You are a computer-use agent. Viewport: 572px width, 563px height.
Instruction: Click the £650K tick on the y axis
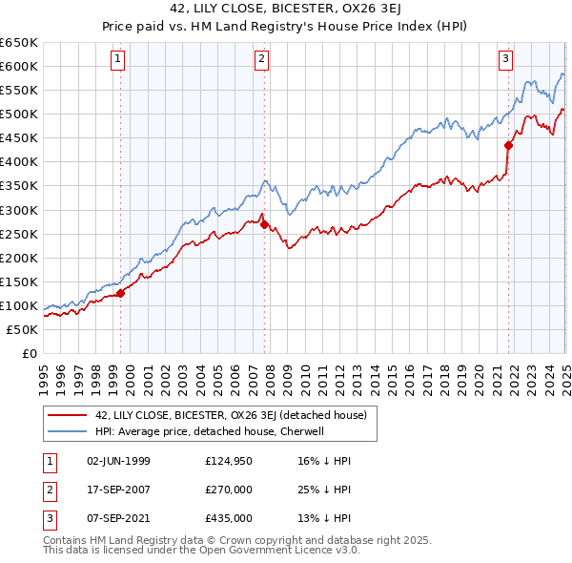pyautogui.click(x=19, y=43)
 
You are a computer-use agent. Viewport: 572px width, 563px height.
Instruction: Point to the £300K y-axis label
pyautogui.click(x=19, y=210)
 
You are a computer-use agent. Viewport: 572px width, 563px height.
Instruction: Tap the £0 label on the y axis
pyautogui.click(x=30, y=353)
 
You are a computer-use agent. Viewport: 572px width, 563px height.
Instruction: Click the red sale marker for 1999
pyautogui.click(x=121, y=293)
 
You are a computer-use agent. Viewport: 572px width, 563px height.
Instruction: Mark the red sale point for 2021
pyautogui.click(x=509, y=145)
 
